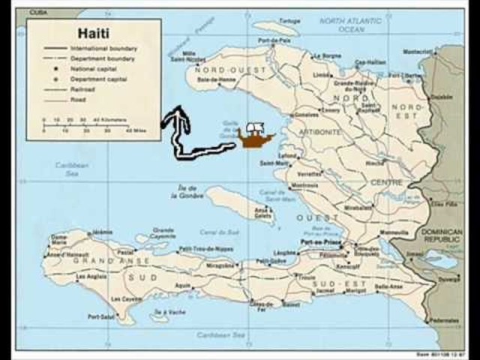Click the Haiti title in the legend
93,33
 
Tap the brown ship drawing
255,136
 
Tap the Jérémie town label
102,232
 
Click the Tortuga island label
289,21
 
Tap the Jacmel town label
324,289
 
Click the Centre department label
386,181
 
